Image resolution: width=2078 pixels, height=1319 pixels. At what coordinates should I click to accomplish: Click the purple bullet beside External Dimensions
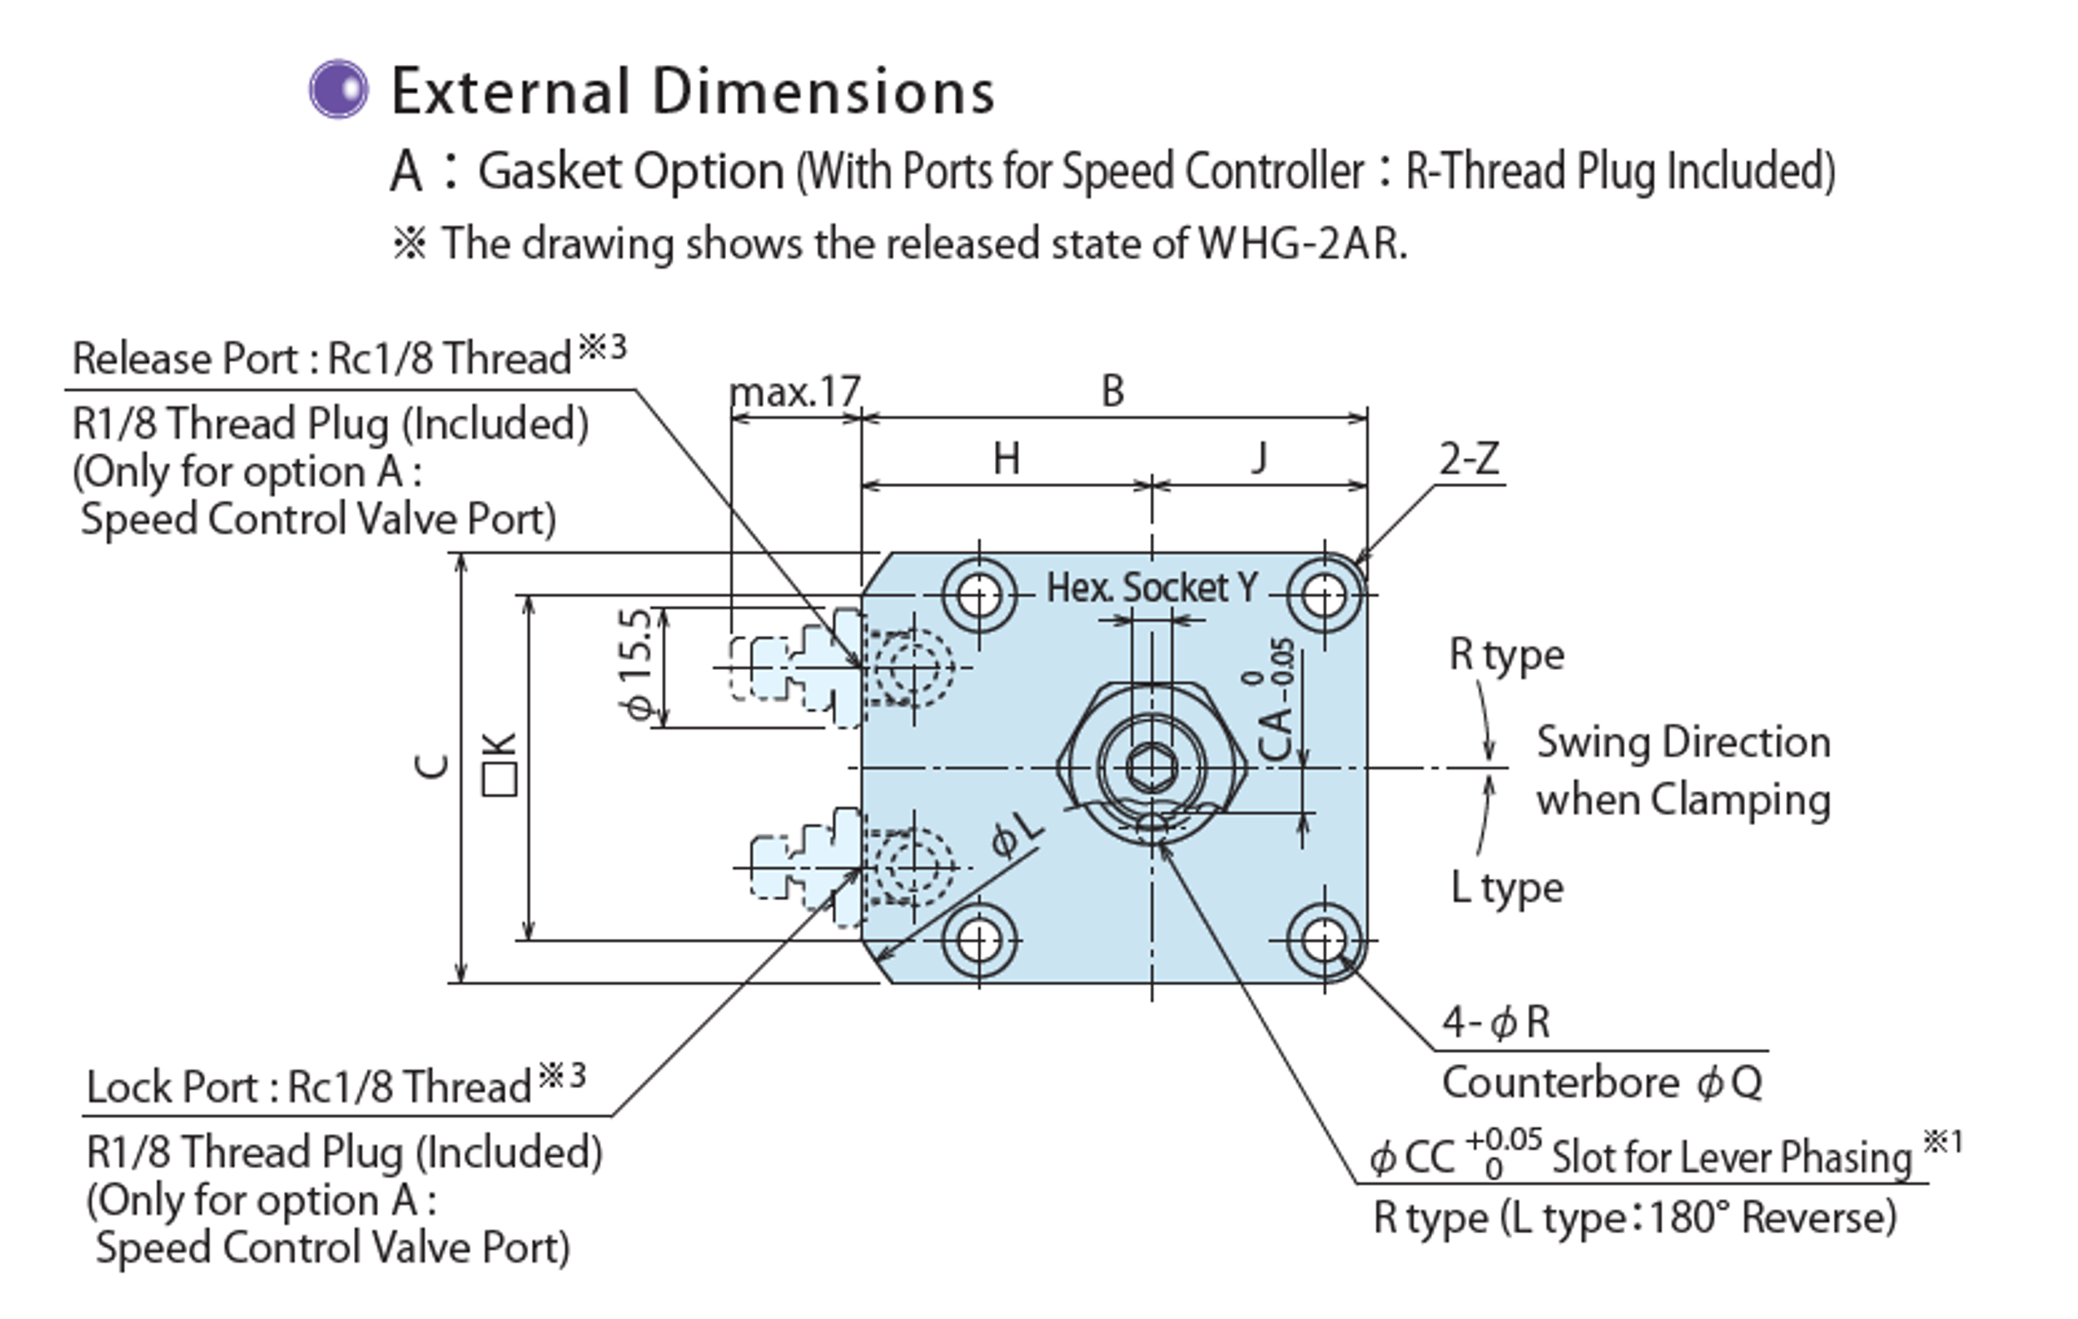338,89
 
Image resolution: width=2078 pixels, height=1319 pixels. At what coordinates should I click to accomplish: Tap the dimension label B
1112,392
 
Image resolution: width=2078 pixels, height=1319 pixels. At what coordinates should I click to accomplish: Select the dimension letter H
1006,458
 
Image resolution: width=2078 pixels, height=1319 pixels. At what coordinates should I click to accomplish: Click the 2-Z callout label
1469,459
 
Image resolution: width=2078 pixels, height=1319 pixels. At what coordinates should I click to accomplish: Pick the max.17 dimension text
795,393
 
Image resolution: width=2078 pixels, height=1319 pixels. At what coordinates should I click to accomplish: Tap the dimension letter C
433,766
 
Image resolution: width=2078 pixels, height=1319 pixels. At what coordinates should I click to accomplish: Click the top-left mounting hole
979,595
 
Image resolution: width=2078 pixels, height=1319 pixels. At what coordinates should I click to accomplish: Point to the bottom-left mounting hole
979,940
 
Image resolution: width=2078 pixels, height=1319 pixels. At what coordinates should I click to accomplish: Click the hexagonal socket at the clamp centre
1150,767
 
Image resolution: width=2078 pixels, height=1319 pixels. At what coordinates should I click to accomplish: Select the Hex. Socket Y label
1152,588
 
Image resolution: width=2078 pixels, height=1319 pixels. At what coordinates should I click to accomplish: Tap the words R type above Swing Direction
1506,655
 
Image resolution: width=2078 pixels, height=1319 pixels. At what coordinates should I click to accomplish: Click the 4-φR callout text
1495,1023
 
